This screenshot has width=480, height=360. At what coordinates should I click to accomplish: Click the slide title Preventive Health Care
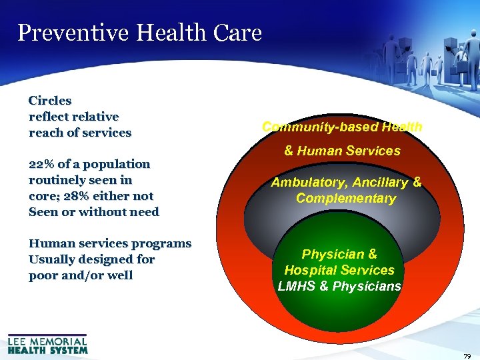click(x=140, y=32)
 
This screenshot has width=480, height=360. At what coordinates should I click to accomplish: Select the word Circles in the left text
click(x=50, y=101)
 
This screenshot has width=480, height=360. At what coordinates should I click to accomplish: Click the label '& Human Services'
click(x=342, y=151)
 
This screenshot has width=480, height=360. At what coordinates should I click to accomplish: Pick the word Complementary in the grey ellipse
click(x=346, y=198)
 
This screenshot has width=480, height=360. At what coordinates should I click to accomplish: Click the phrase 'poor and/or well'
click(x=81, y=275)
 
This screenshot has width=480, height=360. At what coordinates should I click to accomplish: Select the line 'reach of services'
click(x=80, y=133)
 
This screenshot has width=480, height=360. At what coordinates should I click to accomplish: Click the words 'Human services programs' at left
click(x=110, y=244)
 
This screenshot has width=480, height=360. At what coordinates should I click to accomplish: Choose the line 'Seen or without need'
click(x=94, y=212)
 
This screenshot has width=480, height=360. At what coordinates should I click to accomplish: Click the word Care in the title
click(x=237, y=32)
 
